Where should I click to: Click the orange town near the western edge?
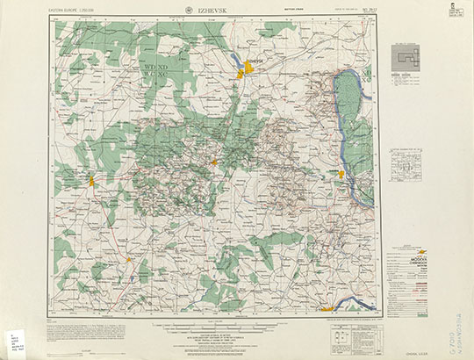91,181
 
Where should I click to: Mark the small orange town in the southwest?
129,259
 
